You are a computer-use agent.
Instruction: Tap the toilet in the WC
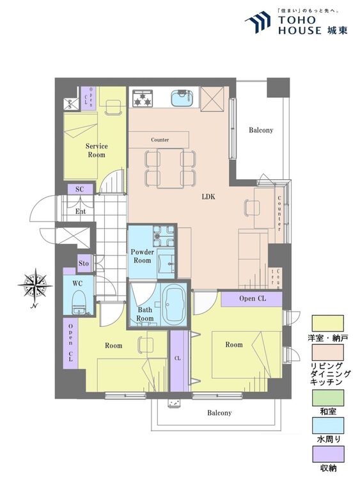(79, 302)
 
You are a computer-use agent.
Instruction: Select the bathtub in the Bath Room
(173, 305)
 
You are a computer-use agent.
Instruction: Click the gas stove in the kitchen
(142, 98)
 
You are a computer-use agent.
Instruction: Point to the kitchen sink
(181, 98)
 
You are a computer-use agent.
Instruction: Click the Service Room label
(97, 150)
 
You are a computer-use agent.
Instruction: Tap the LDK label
(208, 196)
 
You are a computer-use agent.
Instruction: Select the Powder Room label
(142, 256)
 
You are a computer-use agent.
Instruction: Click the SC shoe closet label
(79, 189)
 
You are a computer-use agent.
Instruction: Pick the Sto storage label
(84, 263)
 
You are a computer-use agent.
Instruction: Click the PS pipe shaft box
(70, 105)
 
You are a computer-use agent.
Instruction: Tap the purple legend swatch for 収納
(328, 454)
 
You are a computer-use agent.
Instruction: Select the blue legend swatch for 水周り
(328, 426)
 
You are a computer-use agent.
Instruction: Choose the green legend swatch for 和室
(328, 397)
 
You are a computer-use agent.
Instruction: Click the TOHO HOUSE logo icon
(258, 22)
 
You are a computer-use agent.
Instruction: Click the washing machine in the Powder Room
(163, 236)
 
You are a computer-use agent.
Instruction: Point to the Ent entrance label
(81, 211)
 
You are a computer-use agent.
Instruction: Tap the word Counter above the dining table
(160, 140)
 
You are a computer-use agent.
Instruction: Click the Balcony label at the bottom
(219, 413)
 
